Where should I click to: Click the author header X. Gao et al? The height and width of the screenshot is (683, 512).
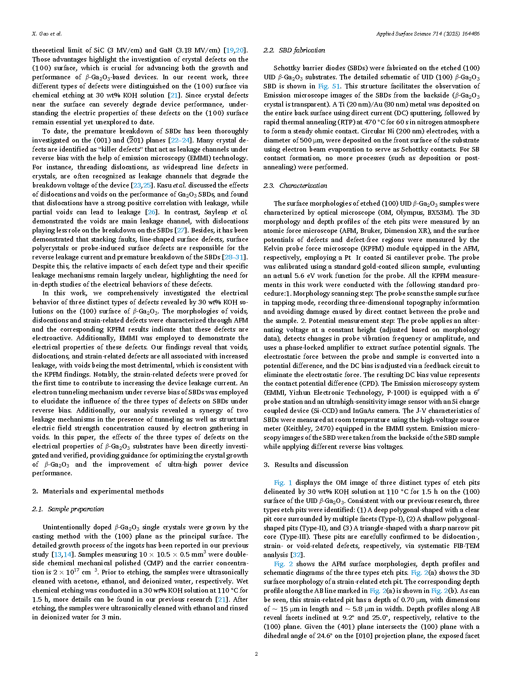[x=47, y=34]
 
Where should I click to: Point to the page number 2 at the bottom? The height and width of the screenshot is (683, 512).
[x=256, y=654]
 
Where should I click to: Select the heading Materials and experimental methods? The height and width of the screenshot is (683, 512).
[x=103, y=491]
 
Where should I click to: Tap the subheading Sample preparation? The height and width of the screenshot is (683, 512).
[x=76, y=509]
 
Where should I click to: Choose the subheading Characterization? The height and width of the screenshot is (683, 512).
[x=303, y=186]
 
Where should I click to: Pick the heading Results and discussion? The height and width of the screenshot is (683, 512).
[x=311, y=465]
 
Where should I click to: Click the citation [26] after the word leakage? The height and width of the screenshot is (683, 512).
[x=152, y=212]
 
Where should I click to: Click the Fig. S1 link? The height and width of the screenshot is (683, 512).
[x=329, y=86]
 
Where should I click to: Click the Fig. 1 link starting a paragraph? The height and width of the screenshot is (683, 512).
[x=283, y=483]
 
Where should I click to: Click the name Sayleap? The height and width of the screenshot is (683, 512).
[x=216, y=212]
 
